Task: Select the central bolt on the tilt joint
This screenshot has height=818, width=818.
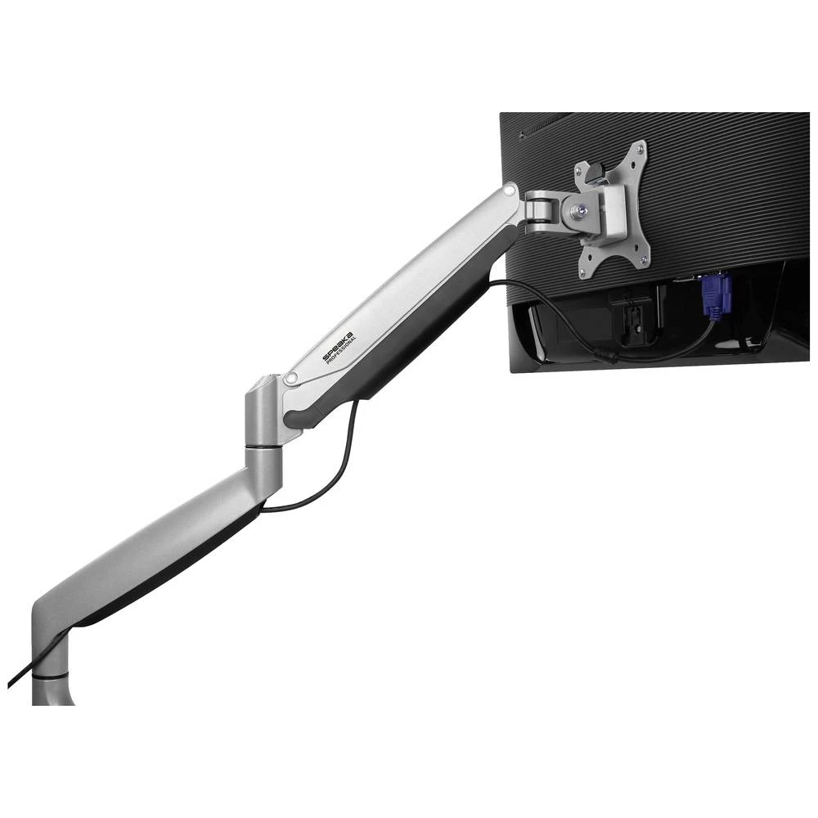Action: (x=581, y=210)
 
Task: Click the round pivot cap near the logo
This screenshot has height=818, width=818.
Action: (x=290, y=379)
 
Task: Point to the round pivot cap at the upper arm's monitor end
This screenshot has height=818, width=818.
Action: (x=510, y=190)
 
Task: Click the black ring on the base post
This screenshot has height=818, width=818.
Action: (x=52, y=676)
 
